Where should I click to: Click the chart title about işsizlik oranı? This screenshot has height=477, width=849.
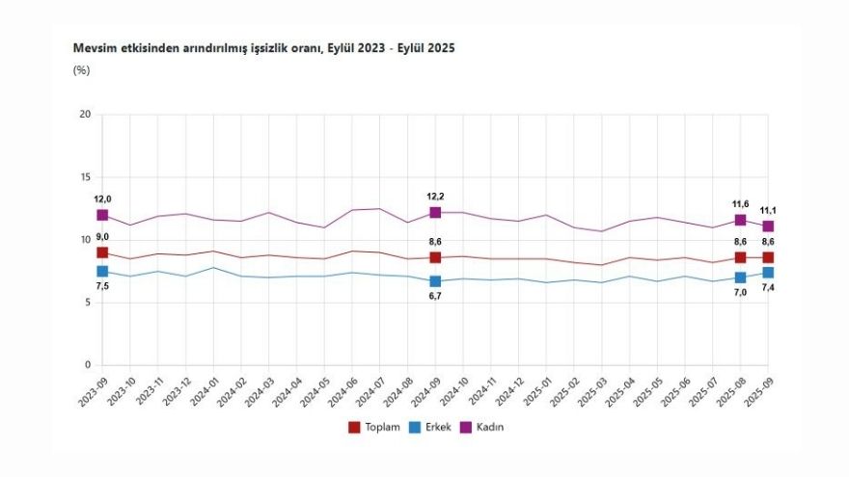[263, 47]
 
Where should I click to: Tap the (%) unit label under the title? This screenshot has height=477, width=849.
[81, 69]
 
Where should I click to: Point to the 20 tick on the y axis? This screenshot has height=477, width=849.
[85, 115]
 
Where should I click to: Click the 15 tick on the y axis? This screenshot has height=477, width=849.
[85, 177]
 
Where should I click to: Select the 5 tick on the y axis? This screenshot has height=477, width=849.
[88, 303]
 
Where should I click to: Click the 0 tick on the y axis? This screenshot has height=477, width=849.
[88, 365]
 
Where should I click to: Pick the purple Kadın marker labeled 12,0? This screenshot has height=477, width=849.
[102, 215]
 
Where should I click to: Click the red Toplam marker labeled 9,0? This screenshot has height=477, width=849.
[102, 252]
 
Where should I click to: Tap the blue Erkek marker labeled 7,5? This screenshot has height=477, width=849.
[102, 272]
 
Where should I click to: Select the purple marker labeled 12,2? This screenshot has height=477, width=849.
[435, 212]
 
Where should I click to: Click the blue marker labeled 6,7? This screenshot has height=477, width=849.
[435, 281]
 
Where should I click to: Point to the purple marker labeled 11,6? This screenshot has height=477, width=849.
[740, 220]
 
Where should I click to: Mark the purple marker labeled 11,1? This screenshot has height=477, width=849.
[768, 226]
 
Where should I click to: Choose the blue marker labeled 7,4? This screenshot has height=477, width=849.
[768, 273]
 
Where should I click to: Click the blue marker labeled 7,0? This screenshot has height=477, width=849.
[740, 278]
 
